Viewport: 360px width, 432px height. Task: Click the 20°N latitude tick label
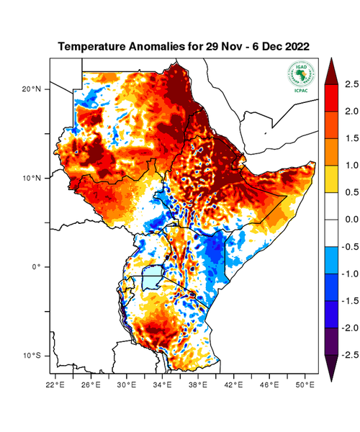click(30, 89)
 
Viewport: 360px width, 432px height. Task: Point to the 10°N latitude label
click(30, 178)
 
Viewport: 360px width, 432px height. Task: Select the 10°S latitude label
click(30, 356)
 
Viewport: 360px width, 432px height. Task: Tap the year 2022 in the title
click(295, 46)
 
